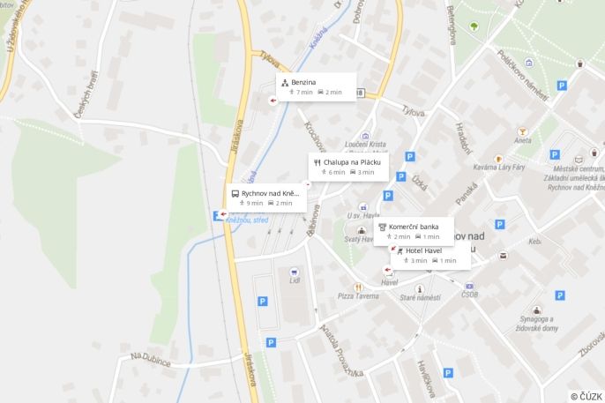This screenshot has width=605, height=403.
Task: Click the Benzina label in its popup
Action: (x=303, y=82)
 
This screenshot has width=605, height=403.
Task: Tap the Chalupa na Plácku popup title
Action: (x=351, y=162)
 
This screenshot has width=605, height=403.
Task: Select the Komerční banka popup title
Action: (x=414, y=227)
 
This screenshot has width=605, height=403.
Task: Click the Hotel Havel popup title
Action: (x=423, y=250)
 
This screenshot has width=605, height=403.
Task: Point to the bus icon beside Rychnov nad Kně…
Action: (x=235, y=193)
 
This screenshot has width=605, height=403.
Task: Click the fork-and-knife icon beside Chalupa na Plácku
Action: (x=317, y=162)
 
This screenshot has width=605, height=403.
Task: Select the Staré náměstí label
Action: (x=420, y=298)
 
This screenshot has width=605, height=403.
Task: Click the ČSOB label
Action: (x=469, y=295)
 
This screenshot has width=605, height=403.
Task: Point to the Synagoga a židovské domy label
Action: (x=538, y=323)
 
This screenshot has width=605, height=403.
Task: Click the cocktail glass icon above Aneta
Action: (x=523, y=131)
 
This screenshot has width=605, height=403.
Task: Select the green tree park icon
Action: (x=473, y=26)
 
